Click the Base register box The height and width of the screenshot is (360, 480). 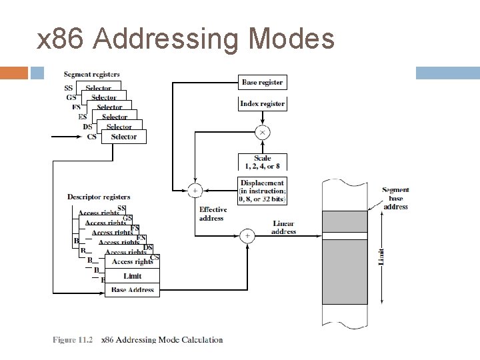(263, 82)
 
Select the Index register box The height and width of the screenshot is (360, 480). (263, 103)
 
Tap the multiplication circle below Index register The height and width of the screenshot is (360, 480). (262, 133)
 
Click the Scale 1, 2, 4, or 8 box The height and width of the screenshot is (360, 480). (262, 162)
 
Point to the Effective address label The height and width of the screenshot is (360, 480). (213, 213)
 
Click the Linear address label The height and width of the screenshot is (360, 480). (283, 227)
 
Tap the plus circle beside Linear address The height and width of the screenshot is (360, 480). (247, 235)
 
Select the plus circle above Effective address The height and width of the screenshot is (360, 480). (195, 191)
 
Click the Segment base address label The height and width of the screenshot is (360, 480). (395, 198)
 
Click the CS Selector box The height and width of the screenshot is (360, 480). (123, 137)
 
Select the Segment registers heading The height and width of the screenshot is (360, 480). (92, 74)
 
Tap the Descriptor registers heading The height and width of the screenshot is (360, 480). (99, 197)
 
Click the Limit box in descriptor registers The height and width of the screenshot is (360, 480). (132, 276)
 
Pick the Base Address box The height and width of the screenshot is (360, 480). (132, 289)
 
